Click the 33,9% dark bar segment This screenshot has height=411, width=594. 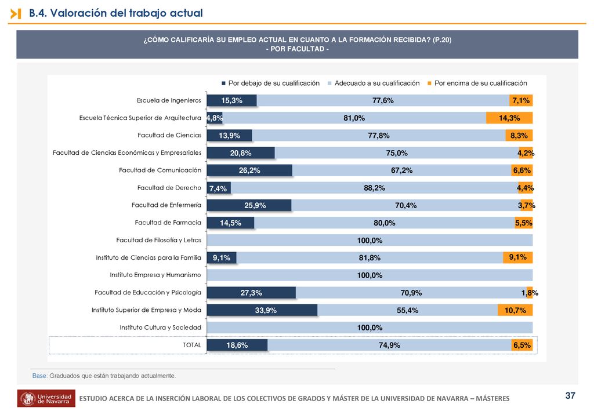(262, 310)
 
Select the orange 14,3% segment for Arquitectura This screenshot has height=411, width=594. (509, 118)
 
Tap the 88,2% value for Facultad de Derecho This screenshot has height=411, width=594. (374, 188)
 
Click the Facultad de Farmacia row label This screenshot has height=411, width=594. (168, 223)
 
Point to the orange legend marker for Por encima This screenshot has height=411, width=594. (429, 83)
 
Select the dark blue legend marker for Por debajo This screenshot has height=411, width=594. (223, 83)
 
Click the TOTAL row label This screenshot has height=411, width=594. (192, 345)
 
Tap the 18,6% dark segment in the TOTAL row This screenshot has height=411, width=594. (237, 345)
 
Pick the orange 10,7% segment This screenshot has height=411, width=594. (515, 310)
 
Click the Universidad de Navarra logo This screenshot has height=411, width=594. (46, 398)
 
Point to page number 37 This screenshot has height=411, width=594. (570, 395)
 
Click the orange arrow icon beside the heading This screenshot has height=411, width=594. (16, 14)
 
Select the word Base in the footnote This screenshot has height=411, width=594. (39, 376)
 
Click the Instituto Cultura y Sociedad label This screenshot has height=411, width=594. (161, 328)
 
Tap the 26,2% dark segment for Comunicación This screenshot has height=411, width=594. (249, 170)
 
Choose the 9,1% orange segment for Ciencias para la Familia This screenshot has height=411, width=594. (518, 257)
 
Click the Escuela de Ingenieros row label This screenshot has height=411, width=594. (169, 100)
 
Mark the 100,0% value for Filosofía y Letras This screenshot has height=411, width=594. (370, 241)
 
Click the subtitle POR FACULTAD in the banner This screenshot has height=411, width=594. (298, 49)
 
